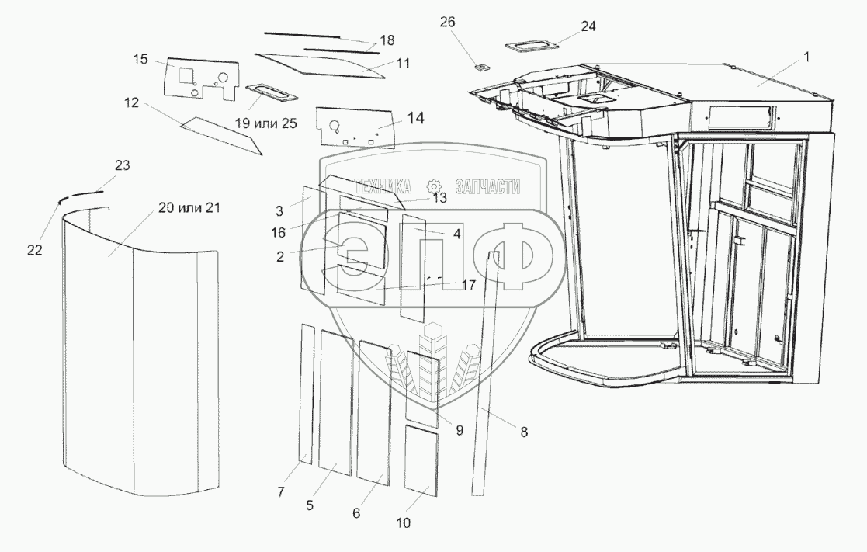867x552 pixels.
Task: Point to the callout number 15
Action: point(140,59)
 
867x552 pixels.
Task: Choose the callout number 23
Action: point(122,165)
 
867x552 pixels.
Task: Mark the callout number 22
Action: point(36,249)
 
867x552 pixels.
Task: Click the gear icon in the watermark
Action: point(434,187)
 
